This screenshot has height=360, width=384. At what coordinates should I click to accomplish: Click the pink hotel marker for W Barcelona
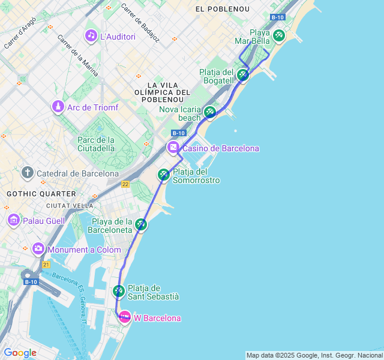click(125, 317)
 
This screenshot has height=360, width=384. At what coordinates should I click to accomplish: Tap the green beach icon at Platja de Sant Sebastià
click(119, 291)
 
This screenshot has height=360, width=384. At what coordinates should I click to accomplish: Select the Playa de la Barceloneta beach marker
click(141, 224)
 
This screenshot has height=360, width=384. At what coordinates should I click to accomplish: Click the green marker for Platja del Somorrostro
click(163, 175)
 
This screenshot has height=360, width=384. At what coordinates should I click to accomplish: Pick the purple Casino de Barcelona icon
click(173, 148)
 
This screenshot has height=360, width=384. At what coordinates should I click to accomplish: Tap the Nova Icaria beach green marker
click(209, 112)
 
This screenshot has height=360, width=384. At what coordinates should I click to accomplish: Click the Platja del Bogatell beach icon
click(242, 75)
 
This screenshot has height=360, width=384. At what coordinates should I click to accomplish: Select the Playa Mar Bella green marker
click(278, 35)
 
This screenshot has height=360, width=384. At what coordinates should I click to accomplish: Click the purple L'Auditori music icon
click(91, 36)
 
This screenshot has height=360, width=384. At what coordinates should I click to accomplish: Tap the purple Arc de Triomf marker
click(58, 107)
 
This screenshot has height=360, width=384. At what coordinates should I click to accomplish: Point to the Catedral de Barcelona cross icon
click(27, 173)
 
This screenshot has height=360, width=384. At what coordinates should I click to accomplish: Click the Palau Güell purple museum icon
click(13, 220)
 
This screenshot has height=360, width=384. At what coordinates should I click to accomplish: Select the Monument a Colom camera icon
click(38, 248)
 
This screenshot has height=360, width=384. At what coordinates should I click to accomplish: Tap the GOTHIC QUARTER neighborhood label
click(41, 194)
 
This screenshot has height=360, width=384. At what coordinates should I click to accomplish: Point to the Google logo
click(20, 353)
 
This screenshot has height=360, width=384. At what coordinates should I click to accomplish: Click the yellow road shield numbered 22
click(125, 185)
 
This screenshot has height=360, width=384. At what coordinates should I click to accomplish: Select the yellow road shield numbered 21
click(46, 264)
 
